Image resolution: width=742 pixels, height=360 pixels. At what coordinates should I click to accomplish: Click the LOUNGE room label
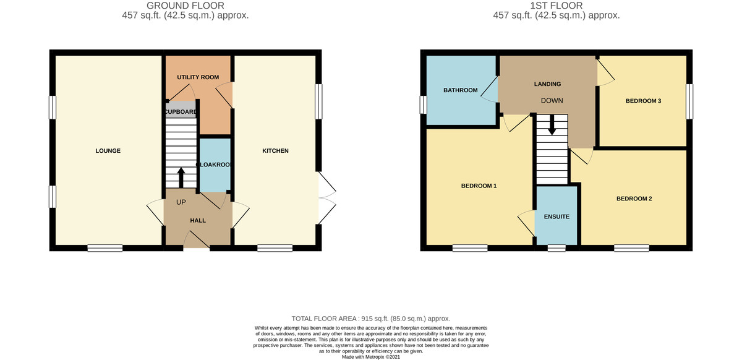point(108,151)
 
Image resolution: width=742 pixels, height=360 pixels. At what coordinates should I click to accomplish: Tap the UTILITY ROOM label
point(198,77)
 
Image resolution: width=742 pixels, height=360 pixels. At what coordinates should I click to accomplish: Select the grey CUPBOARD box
point(181,109)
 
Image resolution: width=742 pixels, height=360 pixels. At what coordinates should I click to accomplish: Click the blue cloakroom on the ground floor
point(215,165)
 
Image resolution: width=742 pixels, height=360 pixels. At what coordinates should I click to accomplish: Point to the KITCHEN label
point(275,151)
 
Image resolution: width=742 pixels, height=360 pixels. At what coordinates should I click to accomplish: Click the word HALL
point(198,220)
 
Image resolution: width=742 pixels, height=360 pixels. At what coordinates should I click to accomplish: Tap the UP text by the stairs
point(181,202)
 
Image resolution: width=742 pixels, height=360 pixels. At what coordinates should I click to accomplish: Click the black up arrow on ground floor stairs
point(181,178)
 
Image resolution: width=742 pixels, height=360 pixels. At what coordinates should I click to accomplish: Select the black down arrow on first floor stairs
point(552,125)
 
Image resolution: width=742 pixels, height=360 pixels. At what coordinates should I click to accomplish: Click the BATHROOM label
point(461,90)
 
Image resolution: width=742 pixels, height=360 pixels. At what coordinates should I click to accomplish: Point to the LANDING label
point(547,84)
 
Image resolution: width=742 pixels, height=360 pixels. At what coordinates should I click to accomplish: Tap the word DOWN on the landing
point(552,100)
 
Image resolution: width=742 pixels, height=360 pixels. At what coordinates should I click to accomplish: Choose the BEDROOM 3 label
point(643,101)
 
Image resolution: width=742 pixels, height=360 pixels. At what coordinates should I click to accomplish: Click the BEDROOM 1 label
point(479,186)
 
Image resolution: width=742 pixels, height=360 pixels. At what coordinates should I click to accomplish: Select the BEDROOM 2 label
point(634,199)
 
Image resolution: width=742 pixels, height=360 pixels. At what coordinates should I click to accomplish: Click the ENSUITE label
point(556,216)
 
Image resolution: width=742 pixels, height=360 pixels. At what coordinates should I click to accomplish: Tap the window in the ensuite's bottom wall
point(556,248)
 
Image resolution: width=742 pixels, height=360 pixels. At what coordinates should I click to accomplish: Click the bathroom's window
point(424,105)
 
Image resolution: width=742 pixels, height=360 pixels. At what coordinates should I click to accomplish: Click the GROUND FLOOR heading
point(185,6)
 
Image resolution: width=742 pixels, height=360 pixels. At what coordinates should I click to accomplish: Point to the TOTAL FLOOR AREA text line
point(370,319)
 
